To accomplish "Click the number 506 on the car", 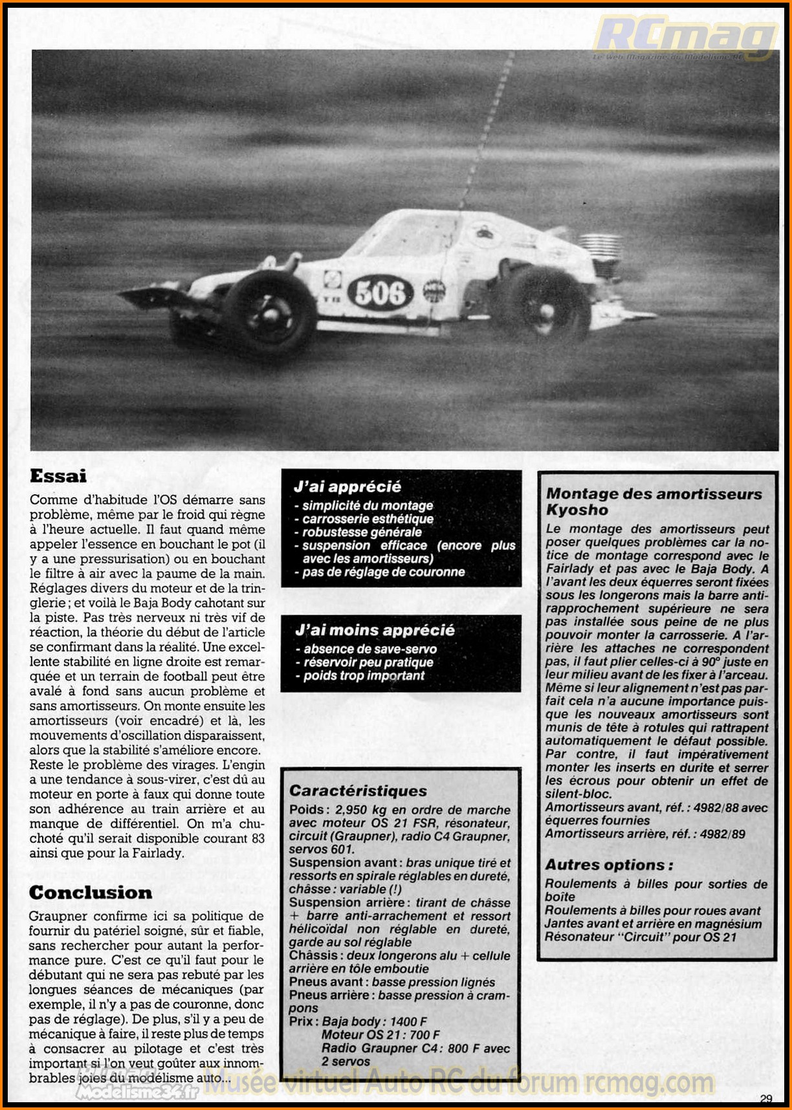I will (x=380, y=293).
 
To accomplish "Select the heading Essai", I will (x=58, y=476).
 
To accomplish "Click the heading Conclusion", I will (x=91, y=893).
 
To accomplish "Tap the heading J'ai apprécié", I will (x=347, y=486).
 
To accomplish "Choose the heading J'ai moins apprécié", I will (x=375, y=630).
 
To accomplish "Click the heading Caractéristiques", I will (x=358, y=790).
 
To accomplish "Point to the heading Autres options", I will (x=608, y=865).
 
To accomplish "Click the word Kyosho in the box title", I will (x=577, y=510).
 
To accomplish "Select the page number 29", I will (x=766, y=1098).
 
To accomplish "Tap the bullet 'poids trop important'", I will (x=364, y=676).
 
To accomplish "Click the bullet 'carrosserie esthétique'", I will (x=368, y=519).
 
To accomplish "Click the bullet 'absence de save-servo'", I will (x=370, y=649).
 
